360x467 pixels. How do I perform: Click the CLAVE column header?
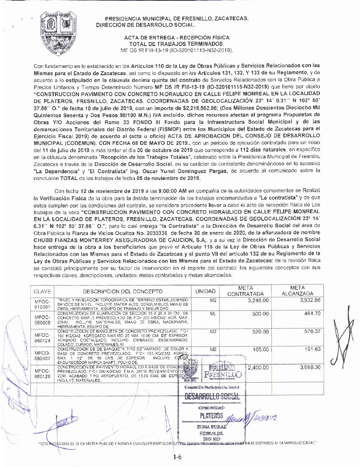coord(42,291)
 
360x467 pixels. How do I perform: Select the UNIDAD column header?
coord(206,291)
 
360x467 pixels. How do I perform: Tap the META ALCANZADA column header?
coord(297,291)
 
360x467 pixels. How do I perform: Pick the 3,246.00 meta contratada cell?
coord(258,301)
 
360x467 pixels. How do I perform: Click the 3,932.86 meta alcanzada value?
coord(310,300)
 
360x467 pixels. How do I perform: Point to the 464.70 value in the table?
coord(312,314)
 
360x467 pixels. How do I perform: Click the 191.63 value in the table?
coord(313,349)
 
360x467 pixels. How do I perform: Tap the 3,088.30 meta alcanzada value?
coord(310,367)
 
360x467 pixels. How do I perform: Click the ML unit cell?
coord(213,313)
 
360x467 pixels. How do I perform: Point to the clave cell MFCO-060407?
coord(42,355)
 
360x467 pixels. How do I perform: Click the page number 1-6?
coord(177,458)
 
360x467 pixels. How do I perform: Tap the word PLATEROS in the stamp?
coord(211,416)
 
